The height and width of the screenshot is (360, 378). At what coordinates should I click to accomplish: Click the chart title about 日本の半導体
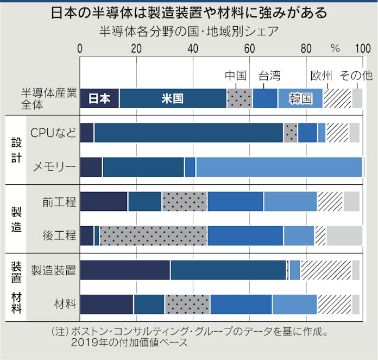tap(188, 12)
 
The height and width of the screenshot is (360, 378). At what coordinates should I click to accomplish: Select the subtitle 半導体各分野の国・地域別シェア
tap(188, 30)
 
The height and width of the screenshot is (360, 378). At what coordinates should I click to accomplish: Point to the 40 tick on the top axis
tap(193, 48)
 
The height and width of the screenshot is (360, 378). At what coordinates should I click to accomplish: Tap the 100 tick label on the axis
tap(362, 48)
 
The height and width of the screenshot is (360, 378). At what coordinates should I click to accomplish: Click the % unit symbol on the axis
tap(335, 48)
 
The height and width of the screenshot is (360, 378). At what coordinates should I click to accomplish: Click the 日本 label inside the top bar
tap(99, 98)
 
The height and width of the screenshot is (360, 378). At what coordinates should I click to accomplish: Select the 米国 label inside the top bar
tap(172, 98)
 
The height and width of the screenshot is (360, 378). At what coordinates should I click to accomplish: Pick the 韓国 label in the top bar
tap(300, 98)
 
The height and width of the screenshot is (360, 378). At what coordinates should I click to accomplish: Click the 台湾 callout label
tap(269, 76)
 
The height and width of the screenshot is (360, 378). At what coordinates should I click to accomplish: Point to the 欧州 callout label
tap(320, 76)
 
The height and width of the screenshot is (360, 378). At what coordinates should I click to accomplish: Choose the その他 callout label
tap(356, 76)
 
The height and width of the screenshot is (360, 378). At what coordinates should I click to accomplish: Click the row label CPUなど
tap(53, 132)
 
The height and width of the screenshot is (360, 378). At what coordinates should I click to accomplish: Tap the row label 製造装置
tap(53, 270)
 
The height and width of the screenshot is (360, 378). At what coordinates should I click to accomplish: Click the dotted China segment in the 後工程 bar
tap(153, 235)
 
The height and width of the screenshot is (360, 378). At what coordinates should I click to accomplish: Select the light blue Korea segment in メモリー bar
tap(279, 167)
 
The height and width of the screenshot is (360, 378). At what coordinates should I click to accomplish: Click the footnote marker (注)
tap(58, 331)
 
